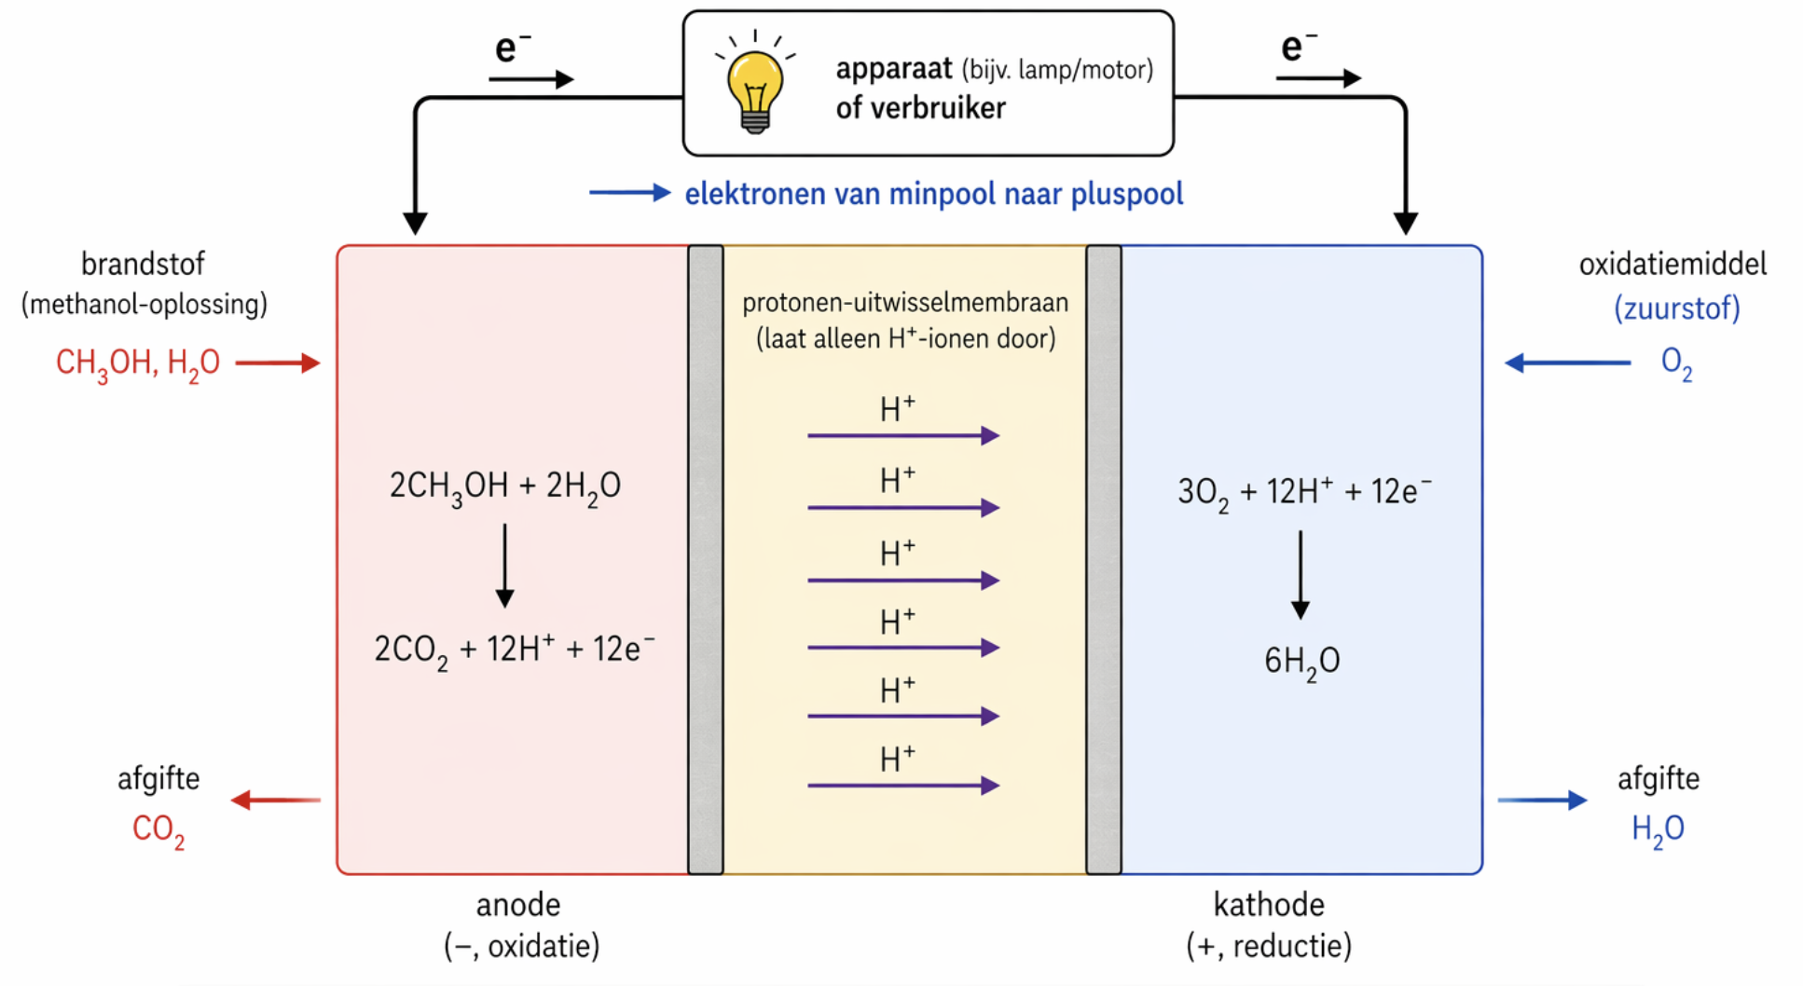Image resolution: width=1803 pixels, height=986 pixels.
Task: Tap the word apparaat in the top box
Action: [893, 69]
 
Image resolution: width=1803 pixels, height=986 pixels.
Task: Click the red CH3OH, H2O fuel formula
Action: [138, 363]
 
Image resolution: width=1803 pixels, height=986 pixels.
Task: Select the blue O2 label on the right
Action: [1676, 363]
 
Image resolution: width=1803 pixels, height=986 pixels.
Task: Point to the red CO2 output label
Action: [158, 829]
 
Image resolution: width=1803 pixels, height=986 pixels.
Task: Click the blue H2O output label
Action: [1658, 829]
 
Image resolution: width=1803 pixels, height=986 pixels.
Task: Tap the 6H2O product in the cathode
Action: [1301, 661]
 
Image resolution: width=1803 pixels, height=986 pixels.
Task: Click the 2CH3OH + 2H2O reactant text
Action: [504, 486]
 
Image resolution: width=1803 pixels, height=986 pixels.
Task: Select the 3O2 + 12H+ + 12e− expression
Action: [1303, 491]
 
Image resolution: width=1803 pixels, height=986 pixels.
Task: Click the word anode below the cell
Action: [518, 904]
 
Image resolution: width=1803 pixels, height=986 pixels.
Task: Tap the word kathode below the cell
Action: [1269, 904]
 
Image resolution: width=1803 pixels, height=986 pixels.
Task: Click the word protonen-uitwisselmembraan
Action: [904, 302]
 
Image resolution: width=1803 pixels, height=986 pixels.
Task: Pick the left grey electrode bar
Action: [706, 559]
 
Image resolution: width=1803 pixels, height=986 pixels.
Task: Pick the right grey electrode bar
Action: [1103, 559]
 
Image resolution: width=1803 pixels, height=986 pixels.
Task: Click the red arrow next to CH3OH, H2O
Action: [278, 363]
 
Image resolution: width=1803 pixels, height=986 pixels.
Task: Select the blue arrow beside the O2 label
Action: [1568, 363]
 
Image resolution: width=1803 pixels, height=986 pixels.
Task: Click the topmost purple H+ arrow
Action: [902, 435]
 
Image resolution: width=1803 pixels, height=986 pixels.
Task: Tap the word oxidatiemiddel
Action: [1672, 264]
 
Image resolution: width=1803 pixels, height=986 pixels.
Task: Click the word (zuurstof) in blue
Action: [1676, 308]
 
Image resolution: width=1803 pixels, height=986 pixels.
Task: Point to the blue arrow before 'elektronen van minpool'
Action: [629, 193]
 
